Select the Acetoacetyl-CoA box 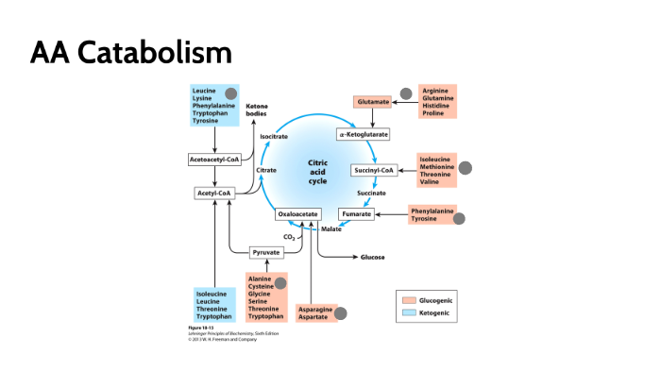pyautogui.click(x=215, y=160)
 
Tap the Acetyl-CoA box pyautogui.click(x=212, y=194)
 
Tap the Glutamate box pyautogui.click(x=372, y=101)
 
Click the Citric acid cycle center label pyautogui.click(x=318, y=171)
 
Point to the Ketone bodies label pyautogui.click(x=257, y=110)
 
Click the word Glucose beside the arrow pyautogui.click(x=372, y=257)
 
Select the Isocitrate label pyautogui.click(x=274, y=138)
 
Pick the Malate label pyautogui.click(x=331, y=229)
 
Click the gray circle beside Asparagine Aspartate pyautogui.click(x=341, y=313)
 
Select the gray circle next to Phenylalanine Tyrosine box pyautogui.click(x=459, y=219)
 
